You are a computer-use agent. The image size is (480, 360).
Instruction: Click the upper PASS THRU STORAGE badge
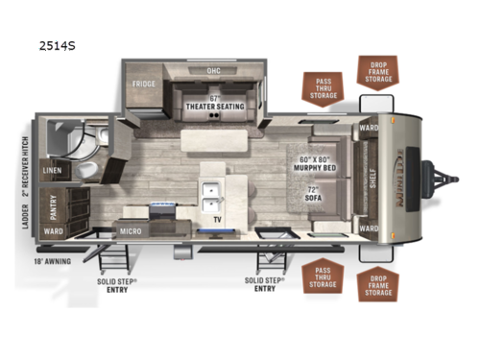(x=321, y=87)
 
